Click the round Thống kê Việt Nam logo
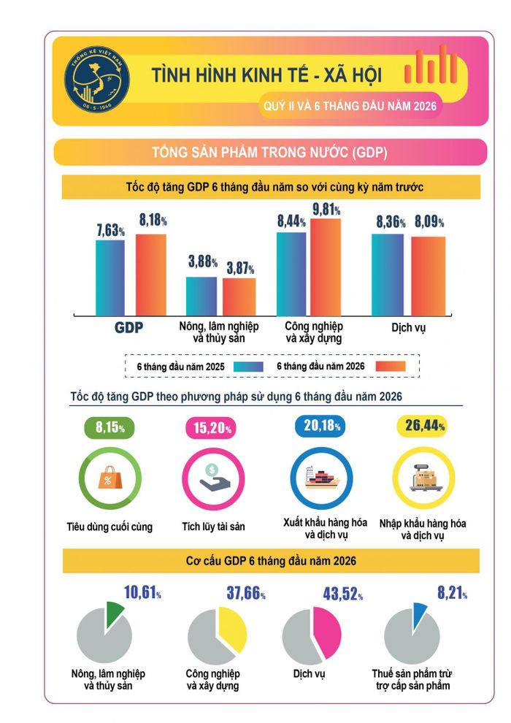pyautogui.click(x=97, y=79)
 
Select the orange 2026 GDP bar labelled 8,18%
pyautogui.click(x=150, y=275)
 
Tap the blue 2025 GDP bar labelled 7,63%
pyautogui.click(x=110, y=278)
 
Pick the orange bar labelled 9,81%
pyautogui.click(x=326, y=267)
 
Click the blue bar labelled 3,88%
pyautogui.click(x=201, y=297)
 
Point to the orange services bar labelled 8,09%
pyautogui.click(x=428, y=276)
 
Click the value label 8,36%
pyautogui.click(x=391, y=222)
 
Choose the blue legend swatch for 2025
pyautogui.click(x=248, y=367)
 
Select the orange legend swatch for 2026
pyautogui.click(x=391, y=366)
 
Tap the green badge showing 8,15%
pyautogui.click(x=109, y=427)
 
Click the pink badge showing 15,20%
pyautogui.click(x=212, y=428)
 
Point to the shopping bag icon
pyautogui.click(x=110, y=477)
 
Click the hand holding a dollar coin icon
pyautogui.click(x=214, y=478)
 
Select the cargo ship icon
pyautogui.click(x=322, y=477)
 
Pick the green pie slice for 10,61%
pyautogui.click(x=115, y=614)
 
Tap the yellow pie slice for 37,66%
pyautogui.click(x=233, y=628)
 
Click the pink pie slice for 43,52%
pyautogui.click(x=328, y=632)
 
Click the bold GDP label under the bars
pyautogui.click(x=128, y=327)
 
